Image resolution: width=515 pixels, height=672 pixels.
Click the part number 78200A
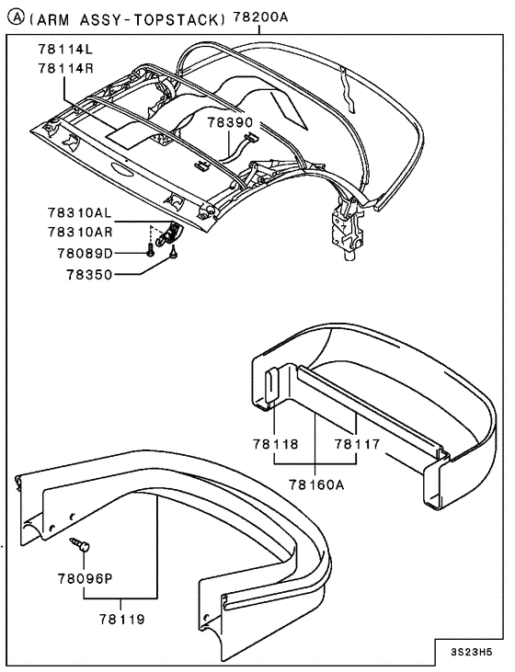click(x=261, y=17)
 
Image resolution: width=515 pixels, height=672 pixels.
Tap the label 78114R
click(x=66, y=67)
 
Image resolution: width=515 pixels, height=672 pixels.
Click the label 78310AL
click(x=79, y=212)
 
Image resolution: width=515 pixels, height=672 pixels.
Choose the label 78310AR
click(x=79, y=232)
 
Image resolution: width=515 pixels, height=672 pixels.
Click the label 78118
click(x=278, y=443)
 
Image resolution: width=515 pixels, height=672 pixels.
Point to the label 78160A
click(x=317, y=484)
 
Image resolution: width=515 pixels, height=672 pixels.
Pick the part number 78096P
click(x=84, y=578)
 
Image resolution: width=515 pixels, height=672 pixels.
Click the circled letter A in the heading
click(x=12, y=17)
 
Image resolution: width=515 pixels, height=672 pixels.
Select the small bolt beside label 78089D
click(x=148, y=251)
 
